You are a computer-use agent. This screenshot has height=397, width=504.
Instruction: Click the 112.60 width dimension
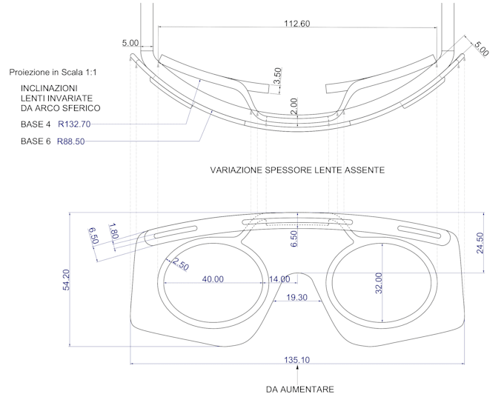point(296,24)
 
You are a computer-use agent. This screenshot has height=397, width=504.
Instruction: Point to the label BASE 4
point(36,124)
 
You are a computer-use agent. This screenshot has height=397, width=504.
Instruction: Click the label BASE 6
point(36,141)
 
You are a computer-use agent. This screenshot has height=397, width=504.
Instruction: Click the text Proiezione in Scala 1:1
point(53,73)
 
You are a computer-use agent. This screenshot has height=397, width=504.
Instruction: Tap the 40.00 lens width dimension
point(213,279)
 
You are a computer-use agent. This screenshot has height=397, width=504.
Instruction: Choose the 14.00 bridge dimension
point(280,279)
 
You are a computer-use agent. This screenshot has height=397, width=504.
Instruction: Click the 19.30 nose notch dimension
point(296,296)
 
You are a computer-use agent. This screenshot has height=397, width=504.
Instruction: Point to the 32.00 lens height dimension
point(379,283)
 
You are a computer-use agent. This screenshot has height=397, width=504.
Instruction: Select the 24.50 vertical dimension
point(480,241)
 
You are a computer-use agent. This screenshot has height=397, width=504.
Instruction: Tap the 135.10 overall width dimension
point(296,360)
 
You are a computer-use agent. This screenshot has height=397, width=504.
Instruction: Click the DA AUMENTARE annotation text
point(300,389)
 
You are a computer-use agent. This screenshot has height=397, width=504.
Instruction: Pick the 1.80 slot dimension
point(113,230)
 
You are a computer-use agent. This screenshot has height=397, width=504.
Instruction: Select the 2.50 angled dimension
point(178,264)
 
